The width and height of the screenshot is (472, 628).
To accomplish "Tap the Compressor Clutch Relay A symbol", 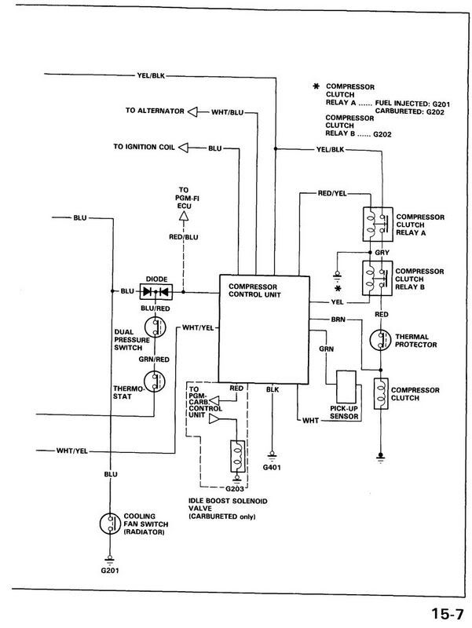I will (374, 223).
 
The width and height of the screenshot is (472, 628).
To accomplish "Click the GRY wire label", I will (382, 252).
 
